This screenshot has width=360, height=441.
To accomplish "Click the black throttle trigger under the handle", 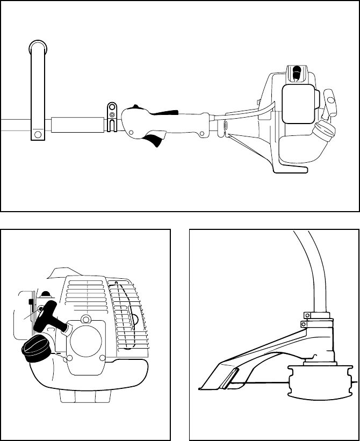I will pyautogui.click(x=154, y=141).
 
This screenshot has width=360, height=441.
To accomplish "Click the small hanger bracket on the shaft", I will pyautogui.click(x=111, y=117).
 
